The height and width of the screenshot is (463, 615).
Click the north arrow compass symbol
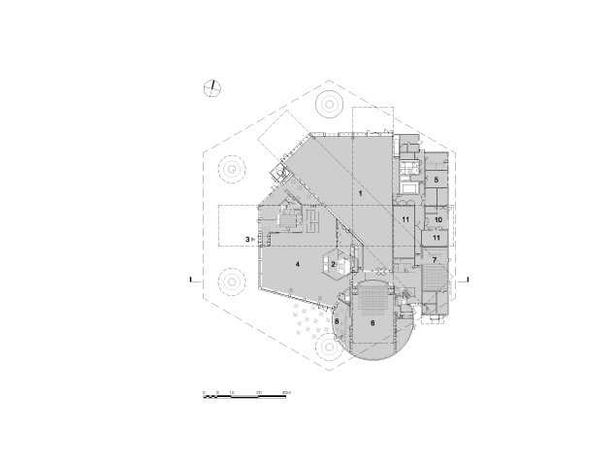tap(212, 89)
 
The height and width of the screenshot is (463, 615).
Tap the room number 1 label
tap(361, 195)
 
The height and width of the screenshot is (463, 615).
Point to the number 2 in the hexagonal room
tap(333, 264)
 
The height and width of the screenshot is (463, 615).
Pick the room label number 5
tap(437, 180)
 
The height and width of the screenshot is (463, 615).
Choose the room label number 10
tap(437, 220)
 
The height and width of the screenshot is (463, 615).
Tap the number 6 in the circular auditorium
tap(372, 323)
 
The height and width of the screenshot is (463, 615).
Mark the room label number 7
tap(434, 260)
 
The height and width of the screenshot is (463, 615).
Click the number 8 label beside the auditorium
tap(337, 320)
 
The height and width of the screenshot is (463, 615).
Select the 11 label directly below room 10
tap(437, 238)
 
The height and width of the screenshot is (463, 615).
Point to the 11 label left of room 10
tap(405, 220)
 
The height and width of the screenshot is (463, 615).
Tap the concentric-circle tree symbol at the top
tap(328, 102)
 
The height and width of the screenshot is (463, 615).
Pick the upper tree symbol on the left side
tap(233, 168)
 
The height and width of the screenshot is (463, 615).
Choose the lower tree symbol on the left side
tap(233, 282)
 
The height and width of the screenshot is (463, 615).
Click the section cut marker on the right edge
tap(469, 281)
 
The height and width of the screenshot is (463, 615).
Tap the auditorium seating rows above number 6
tap(372, 300)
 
